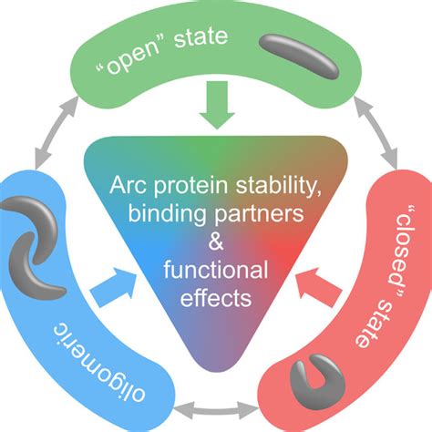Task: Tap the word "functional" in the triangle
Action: click(x=216, y=270)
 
